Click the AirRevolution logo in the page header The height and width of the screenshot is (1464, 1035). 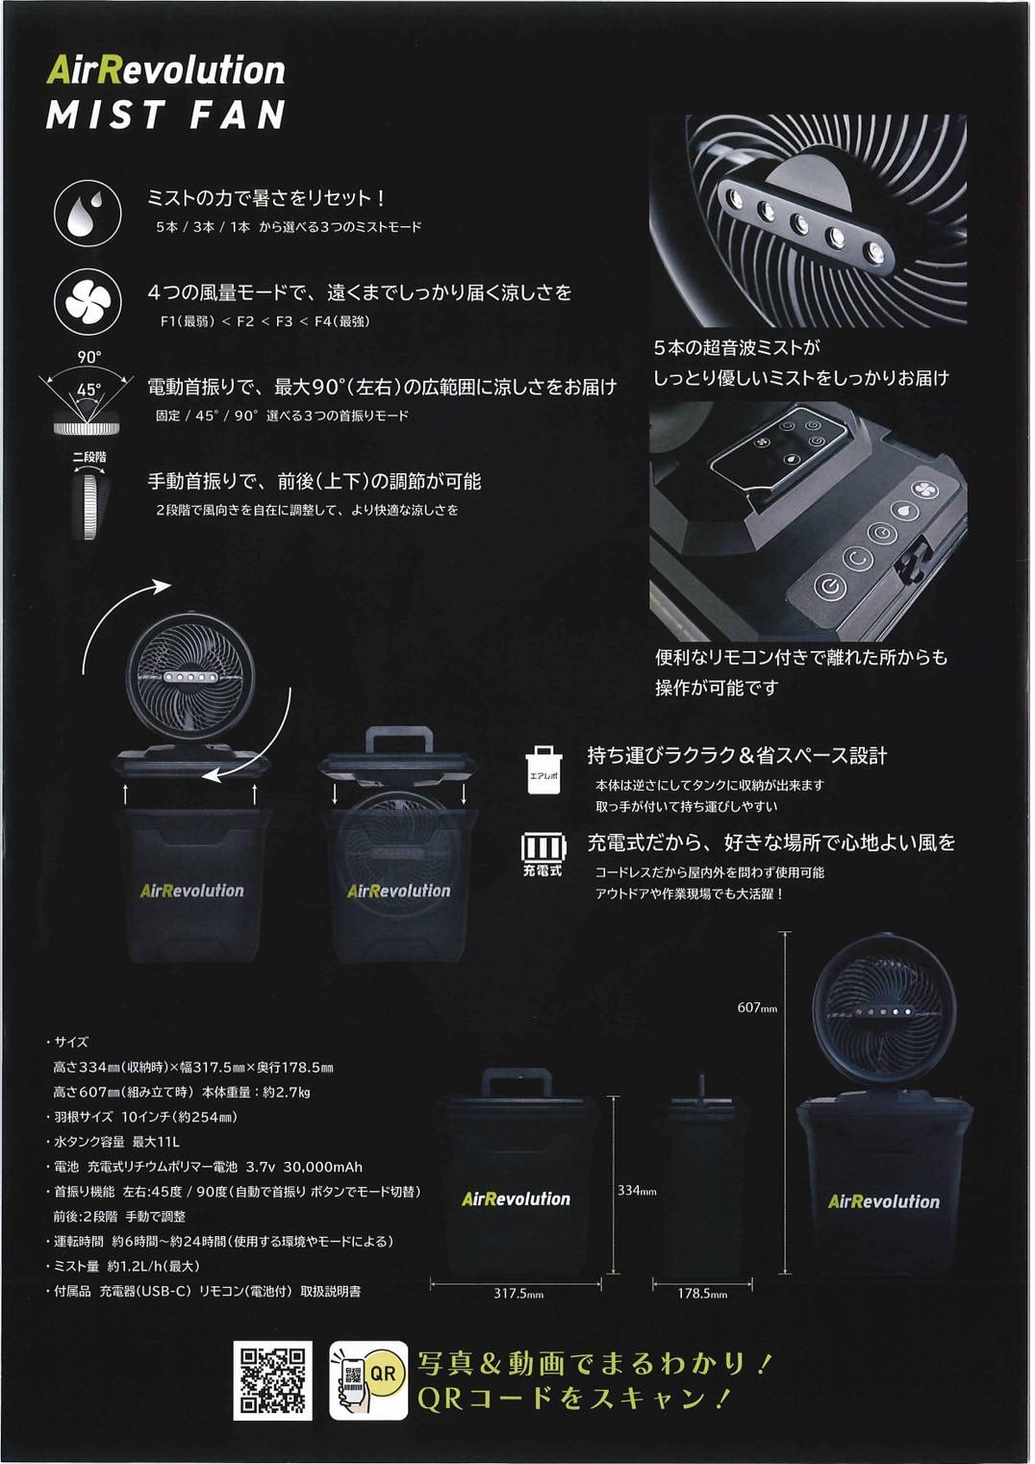point(166,70)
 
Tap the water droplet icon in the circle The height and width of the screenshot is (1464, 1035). point(88,214)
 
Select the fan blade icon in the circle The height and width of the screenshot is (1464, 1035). point(88,301)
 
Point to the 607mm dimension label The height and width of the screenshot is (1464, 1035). point(757,1008)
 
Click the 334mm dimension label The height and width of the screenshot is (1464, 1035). point(637,1191)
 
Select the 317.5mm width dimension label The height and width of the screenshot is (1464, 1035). point(518,1294)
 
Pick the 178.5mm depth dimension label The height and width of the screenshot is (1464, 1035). point(702,1294)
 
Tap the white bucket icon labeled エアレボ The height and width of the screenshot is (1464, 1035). point(543,770)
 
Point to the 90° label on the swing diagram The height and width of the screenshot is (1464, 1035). point(89,358)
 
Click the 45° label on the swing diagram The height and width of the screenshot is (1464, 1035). point(89,391)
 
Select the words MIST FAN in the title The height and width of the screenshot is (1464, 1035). point(166,115)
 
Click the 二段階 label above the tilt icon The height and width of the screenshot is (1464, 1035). point(89,457)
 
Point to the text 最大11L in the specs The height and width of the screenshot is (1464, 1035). point(156,1142)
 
